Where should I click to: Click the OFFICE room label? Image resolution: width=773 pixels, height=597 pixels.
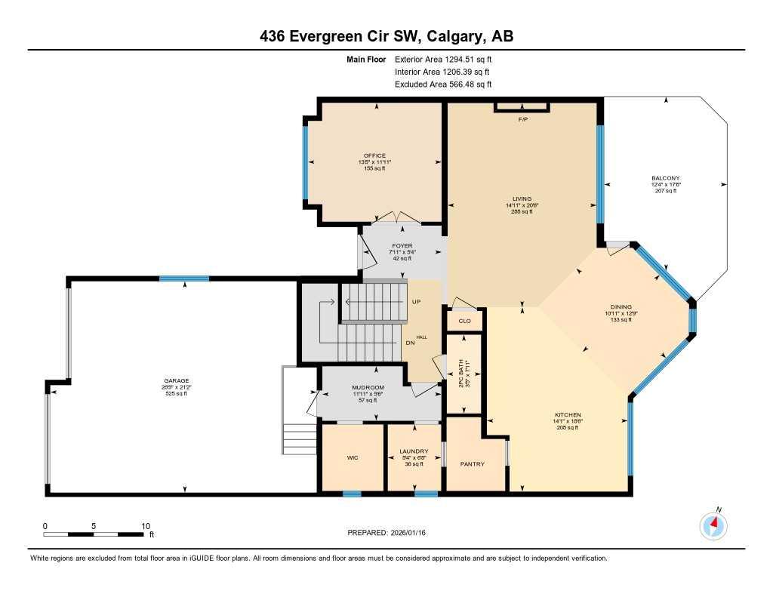point(374,155)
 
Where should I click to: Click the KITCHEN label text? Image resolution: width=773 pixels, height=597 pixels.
point(568,415)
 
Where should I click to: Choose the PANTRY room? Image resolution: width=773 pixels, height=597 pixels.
point(473,464)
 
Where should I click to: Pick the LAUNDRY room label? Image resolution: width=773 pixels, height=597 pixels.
point(414,451)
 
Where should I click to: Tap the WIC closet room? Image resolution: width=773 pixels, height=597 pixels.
point(352,457)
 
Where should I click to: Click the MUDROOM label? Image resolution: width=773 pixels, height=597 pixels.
point(368,388)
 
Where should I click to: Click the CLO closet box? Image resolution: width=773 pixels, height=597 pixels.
point(465,321)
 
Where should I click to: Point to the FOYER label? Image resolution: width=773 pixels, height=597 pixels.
point(402,245)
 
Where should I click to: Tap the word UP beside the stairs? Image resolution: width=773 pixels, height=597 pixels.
point(416,301)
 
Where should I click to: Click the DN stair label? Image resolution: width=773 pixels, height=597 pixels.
point(410,343)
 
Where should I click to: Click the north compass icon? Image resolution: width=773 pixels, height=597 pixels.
point(713,525)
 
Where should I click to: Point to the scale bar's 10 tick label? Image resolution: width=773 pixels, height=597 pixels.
point(146,526)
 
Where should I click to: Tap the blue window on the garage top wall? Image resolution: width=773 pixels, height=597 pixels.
point(184,279)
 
